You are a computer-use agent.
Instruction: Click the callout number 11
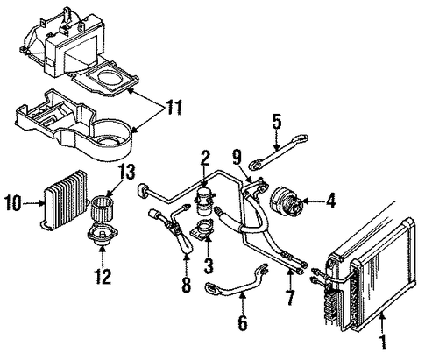tap(174, 107)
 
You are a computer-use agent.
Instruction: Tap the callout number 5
tap(277, 122)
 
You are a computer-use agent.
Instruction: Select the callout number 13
tap(127, 172)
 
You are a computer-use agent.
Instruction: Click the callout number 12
tap(103, 277)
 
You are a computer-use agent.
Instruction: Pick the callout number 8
tap(187, 285)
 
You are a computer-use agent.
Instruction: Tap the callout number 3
tap(208, 265)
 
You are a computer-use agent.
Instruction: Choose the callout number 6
tap(243, 323)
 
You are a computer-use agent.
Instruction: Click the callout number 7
tap(289, 297)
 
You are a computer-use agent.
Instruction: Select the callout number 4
tap(331, 201)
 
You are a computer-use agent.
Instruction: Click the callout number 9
tap(237, 158)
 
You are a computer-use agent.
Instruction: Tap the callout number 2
tap(205, 159)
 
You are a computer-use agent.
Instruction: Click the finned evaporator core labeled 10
tap(64, 201)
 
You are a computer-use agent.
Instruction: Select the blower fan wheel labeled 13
tap(103, 209)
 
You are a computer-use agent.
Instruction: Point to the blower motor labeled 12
tap(103, 235)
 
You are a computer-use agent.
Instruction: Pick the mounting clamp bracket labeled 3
tap(202, 230)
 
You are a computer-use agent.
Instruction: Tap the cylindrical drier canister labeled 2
tap(205, 201)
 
